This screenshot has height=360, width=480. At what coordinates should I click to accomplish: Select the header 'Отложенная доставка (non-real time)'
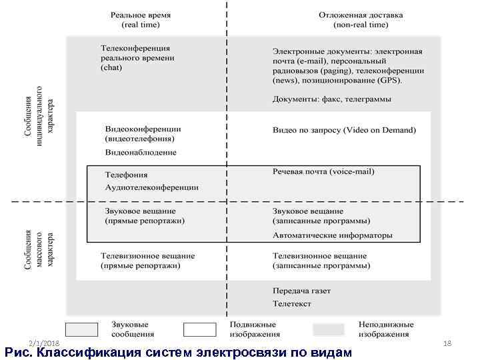click(x=361, y=20)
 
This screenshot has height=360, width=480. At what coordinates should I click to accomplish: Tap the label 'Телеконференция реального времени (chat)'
click(x=137, y=58)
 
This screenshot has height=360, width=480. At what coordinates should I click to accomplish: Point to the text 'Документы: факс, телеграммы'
click(x=331, y=99)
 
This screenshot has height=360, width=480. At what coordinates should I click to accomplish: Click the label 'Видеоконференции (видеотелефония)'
click(x=143, y=133)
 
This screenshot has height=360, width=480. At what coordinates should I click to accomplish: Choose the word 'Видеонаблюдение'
click(x=141, y=153)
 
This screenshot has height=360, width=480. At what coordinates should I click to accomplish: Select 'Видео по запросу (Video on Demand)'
click(x=344, y=130)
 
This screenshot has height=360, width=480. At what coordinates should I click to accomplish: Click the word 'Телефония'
click(x=127, y=174)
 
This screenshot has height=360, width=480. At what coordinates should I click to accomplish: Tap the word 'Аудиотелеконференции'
click(x=151, y=187)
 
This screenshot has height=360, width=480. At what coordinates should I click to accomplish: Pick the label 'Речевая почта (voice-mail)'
click(x=323, y=171)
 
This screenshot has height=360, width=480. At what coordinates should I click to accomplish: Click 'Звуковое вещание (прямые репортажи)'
click(x=145, y=215)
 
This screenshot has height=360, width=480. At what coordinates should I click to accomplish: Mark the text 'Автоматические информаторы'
click(x=332, y=235)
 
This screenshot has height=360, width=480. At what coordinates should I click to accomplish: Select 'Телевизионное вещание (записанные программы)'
click(x=321, y=261)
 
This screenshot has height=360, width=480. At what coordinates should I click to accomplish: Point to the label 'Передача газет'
click(x=301, y=291)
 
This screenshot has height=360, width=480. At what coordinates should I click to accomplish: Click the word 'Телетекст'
click(x=293, y=303)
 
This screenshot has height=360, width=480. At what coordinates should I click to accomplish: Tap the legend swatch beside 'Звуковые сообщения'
click(x=82, y=329)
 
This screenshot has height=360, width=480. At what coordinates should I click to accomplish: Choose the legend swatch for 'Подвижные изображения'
click(x=200, y=329)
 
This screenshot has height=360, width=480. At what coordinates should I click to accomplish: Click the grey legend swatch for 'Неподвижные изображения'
click(x=329, y=329)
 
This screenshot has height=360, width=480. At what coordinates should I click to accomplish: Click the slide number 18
click(x=447, y=342)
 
